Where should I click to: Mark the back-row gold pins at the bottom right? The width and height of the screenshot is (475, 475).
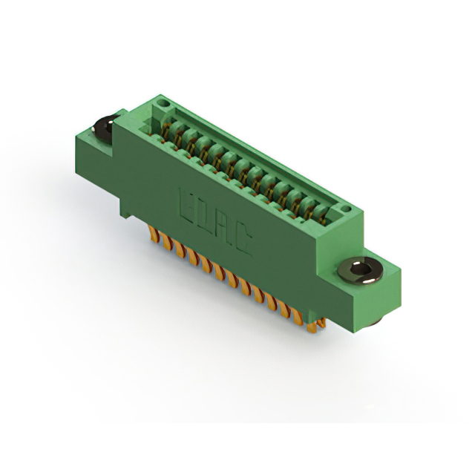coord(320,324)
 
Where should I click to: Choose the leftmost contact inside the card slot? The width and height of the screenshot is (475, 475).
coord(171,131)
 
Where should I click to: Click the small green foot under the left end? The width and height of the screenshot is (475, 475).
coord(127,211)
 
